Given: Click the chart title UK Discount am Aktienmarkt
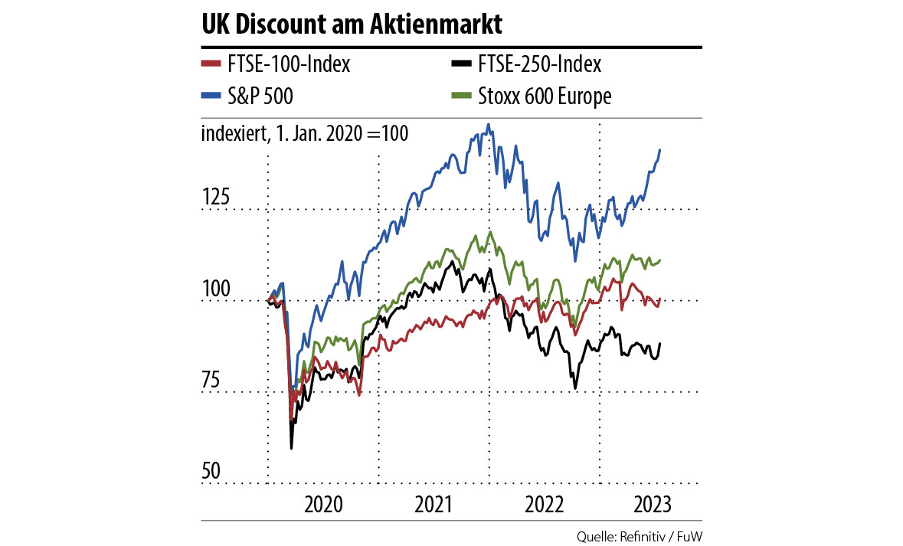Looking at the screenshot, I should (x=352, y=25).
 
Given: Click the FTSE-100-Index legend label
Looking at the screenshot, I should (x=288, y=64).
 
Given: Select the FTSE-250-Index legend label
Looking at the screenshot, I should (x=539, y=64).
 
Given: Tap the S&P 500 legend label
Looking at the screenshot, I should (x=260, y=96).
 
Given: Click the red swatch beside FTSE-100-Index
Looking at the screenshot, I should (x=211, y=64).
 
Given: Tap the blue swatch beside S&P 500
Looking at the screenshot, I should (x=211, y=96).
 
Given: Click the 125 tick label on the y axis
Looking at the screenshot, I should (x=215, y=198).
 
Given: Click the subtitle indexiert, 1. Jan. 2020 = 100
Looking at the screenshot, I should (x=304, y=132).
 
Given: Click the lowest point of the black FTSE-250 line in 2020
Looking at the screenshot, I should (x=291, y=448).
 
